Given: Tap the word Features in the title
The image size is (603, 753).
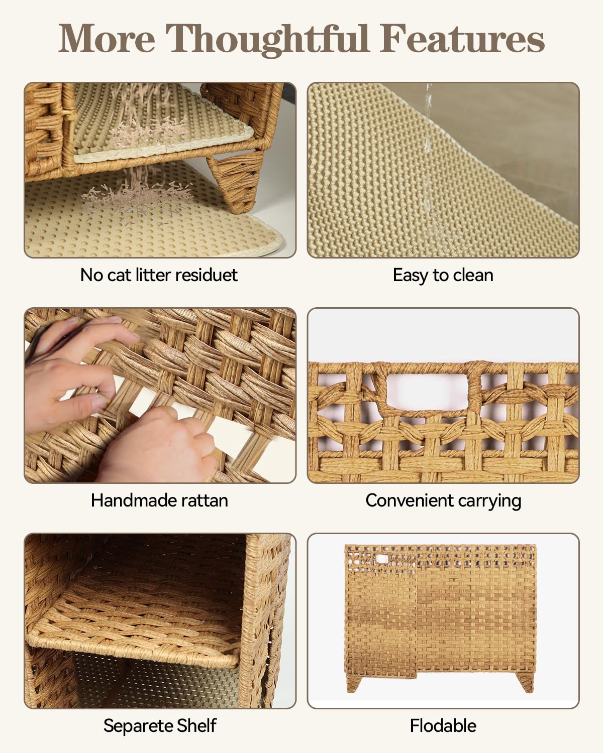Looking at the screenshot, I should tap(462, 39).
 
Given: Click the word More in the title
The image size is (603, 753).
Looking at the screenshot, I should tap(107, 39).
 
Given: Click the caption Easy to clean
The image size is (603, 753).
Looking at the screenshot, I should tap(443, 275).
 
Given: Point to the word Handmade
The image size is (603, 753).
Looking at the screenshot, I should tap(131, 500).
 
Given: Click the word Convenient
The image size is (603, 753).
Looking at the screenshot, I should tap(410, 500).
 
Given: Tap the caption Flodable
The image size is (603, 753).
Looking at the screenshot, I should tap(443, 726).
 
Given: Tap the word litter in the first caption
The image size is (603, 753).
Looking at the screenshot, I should tap(153, 275).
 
